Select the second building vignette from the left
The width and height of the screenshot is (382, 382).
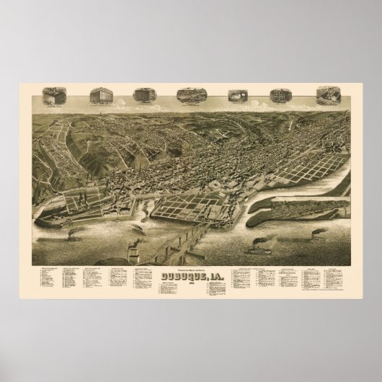[99, 95]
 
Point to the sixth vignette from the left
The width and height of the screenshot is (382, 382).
[278, 95]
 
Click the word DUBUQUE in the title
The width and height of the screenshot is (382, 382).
[182, 275]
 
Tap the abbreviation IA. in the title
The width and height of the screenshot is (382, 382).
[213, 275]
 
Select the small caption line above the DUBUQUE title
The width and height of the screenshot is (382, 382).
[190, 267]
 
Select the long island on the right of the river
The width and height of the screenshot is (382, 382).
[306, 214]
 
